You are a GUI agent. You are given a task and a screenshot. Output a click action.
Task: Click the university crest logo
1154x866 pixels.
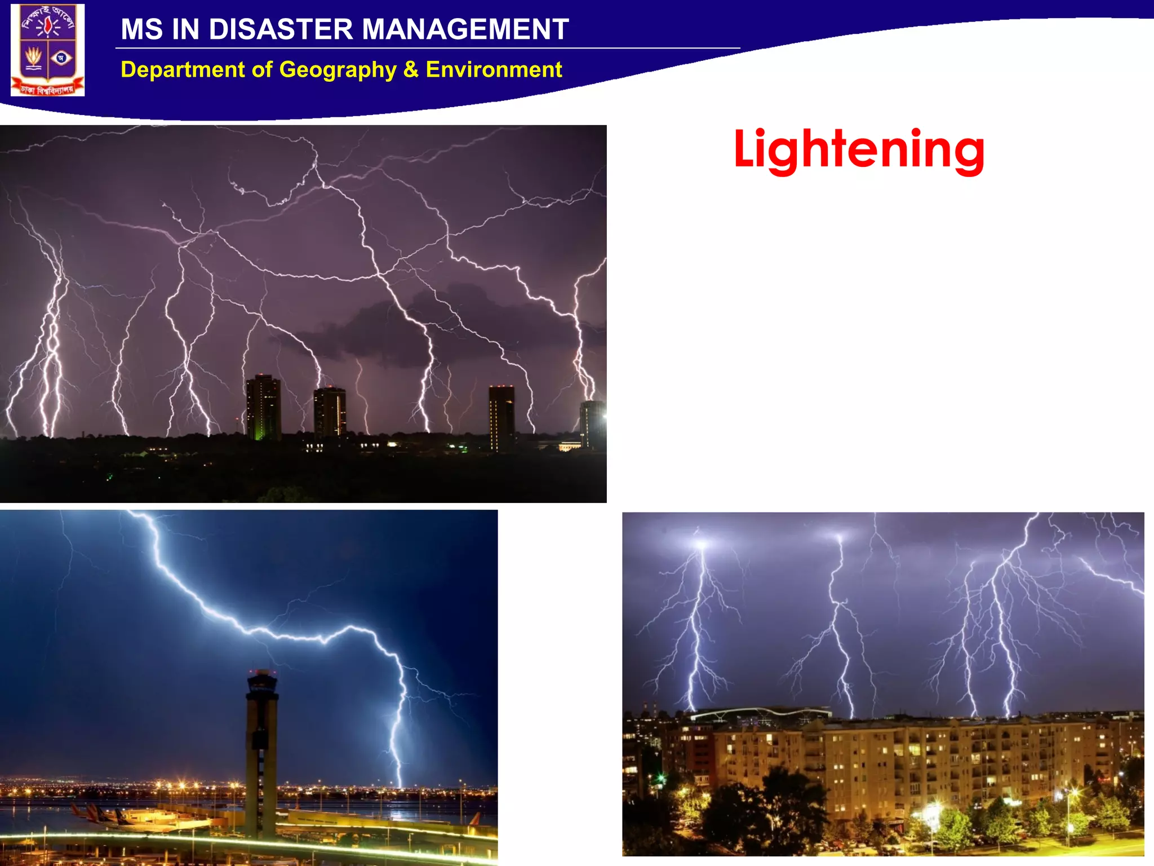48,50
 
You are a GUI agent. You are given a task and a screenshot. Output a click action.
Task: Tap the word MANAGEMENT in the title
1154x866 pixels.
465,29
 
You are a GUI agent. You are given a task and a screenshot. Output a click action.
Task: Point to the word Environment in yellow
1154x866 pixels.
494,69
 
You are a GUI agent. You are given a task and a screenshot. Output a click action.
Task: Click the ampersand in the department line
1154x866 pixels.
411,69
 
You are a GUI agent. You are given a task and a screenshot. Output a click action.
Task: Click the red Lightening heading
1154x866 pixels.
859,149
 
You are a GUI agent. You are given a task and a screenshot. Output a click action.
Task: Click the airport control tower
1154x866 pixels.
261,750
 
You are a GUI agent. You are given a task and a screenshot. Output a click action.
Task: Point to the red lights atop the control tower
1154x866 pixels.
262,672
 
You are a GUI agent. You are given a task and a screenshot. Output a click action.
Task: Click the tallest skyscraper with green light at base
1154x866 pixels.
263,407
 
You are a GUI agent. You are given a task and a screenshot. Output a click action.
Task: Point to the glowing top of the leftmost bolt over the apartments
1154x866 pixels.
701,545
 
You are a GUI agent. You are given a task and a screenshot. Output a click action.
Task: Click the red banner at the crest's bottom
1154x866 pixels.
47,89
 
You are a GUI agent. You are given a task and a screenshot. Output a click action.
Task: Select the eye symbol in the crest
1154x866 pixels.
61,58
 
